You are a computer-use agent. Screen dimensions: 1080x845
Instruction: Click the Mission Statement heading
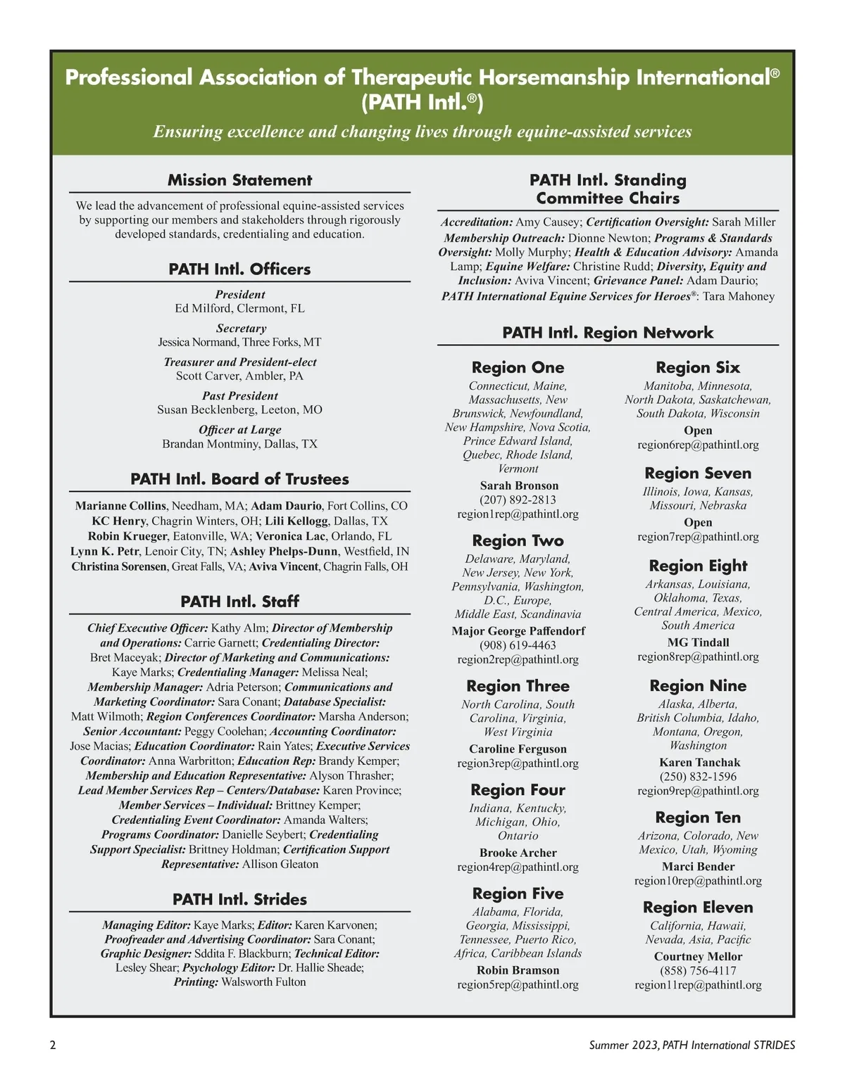pos(239,180)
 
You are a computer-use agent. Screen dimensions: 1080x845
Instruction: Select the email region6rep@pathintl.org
pos(698,445)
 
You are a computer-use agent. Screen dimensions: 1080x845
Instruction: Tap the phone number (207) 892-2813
pos(518,500)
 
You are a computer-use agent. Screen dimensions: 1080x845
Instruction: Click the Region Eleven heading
pos(698,908)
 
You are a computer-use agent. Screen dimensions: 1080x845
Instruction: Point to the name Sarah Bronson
pos(519,485)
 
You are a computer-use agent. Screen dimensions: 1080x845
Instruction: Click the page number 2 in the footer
pos(53,1045)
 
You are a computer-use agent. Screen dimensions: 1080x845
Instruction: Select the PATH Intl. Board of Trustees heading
pos(239,479)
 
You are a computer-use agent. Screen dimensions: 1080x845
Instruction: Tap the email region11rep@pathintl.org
pos(698,985)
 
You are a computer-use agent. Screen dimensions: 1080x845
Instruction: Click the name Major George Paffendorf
pos(518,631)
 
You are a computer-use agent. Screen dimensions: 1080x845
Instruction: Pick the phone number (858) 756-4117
pos(698,971)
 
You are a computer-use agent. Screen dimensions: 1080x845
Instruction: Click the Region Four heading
pos(518,790)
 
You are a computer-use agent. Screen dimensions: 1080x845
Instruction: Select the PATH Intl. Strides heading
pos(239,899)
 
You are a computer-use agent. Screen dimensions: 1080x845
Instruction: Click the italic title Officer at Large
pos(239,430)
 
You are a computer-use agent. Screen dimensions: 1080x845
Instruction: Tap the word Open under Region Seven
pos(698,523)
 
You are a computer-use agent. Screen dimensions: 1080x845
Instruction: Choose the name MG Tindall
pos(698,642)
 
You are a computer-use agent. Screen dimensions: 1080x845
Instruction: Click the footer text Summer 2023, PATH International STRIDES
pos(692,1045)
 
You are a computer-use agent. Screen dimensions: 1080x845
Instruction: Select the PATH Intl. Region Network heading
pos(608,333)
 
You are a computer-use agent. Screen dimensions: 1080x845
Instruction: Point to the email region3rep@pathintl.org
pos(518,763)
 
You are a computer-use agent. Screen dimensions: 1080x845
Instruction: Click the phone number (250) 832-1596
pos(698,777)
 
